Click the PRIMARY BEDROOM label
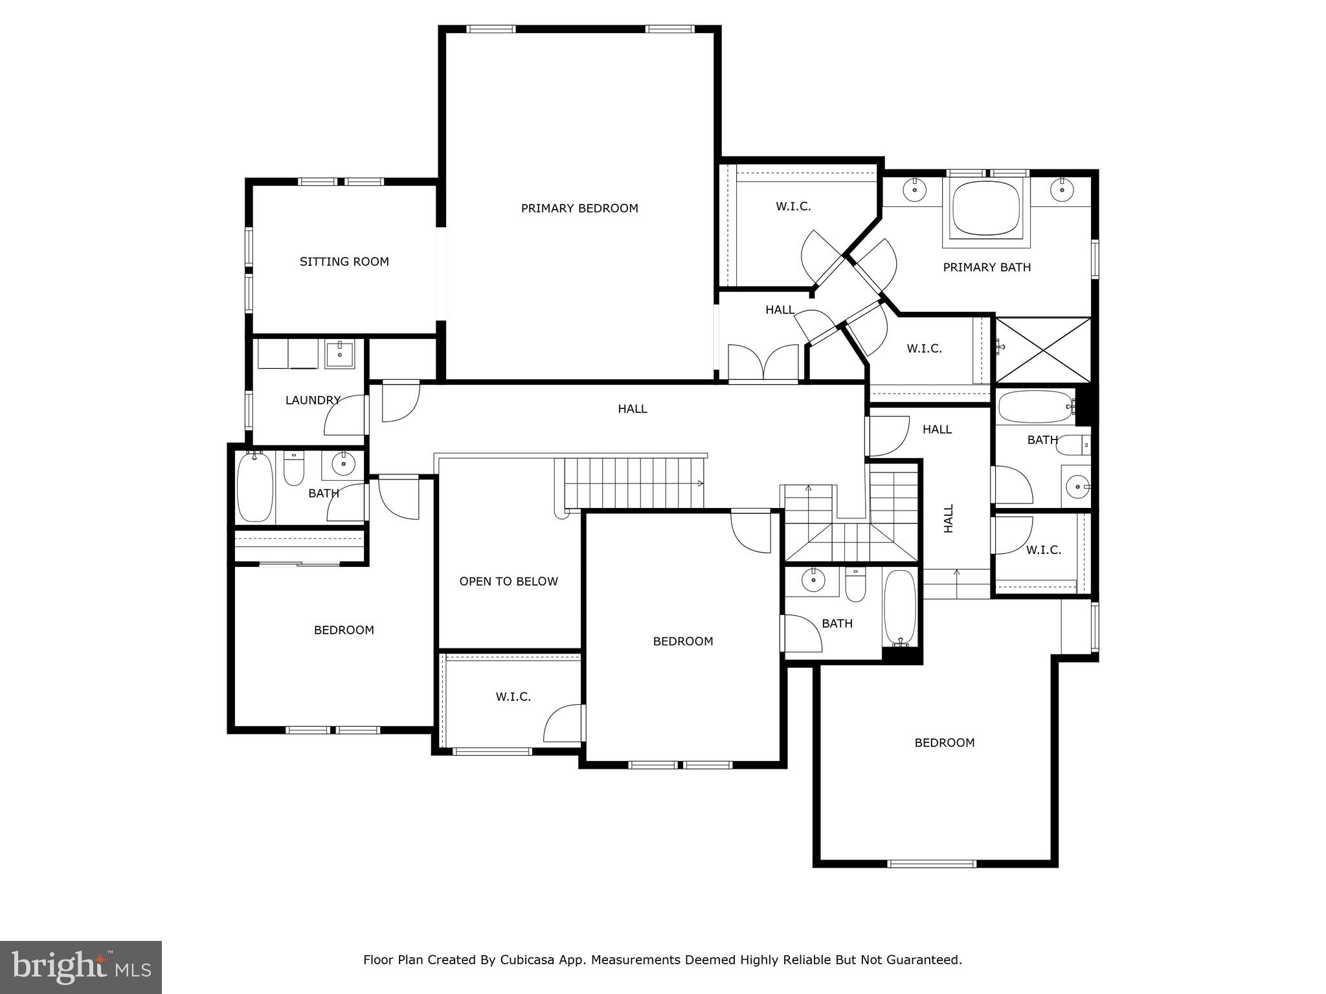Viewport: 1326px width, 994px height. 579,208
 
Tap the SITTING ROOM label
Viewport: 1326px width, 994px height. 344,262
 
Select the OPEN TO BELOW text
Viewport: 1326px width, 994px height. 508,582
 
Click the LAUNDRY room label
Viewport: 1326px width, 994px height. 313,401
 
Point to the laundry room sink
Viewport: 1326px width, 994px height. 339,355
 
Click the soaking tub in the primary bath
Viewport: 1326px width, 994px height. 985,208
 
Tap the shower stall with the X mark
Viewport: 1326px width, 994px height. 1042,350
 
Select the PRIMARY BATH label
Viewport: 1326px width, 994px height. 986,267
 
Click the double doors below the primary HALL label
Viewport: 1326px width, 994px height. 763,363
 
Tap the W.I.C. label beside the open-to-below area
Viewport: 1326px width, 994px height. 513,697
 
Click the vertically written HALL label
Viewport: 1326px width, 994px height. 949,518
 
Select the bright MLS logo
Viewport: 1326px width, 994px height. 81,967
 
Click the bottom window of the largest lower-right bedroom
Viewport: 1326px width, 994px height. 931,863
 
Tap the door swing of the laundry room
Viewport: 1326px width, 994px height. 343,415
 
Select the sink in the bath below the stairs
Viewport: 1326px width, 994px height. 812,580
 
